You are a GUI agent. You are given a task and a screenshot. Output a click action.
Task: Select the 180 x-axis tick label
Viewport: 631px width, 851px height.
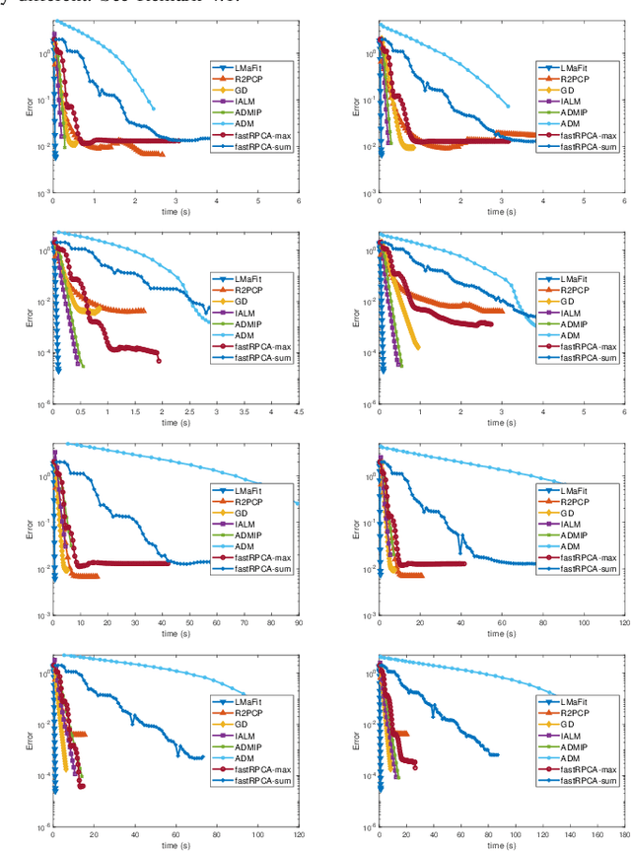point(624,838)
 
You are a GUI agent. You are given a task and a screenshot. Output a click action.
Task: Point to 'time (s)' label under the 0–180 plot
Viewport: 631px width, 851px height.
point(501,849)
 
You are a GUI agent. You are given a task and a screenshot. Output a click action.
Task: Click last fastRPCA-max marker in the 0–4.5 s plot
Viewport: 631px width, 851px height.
point(158,359)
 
